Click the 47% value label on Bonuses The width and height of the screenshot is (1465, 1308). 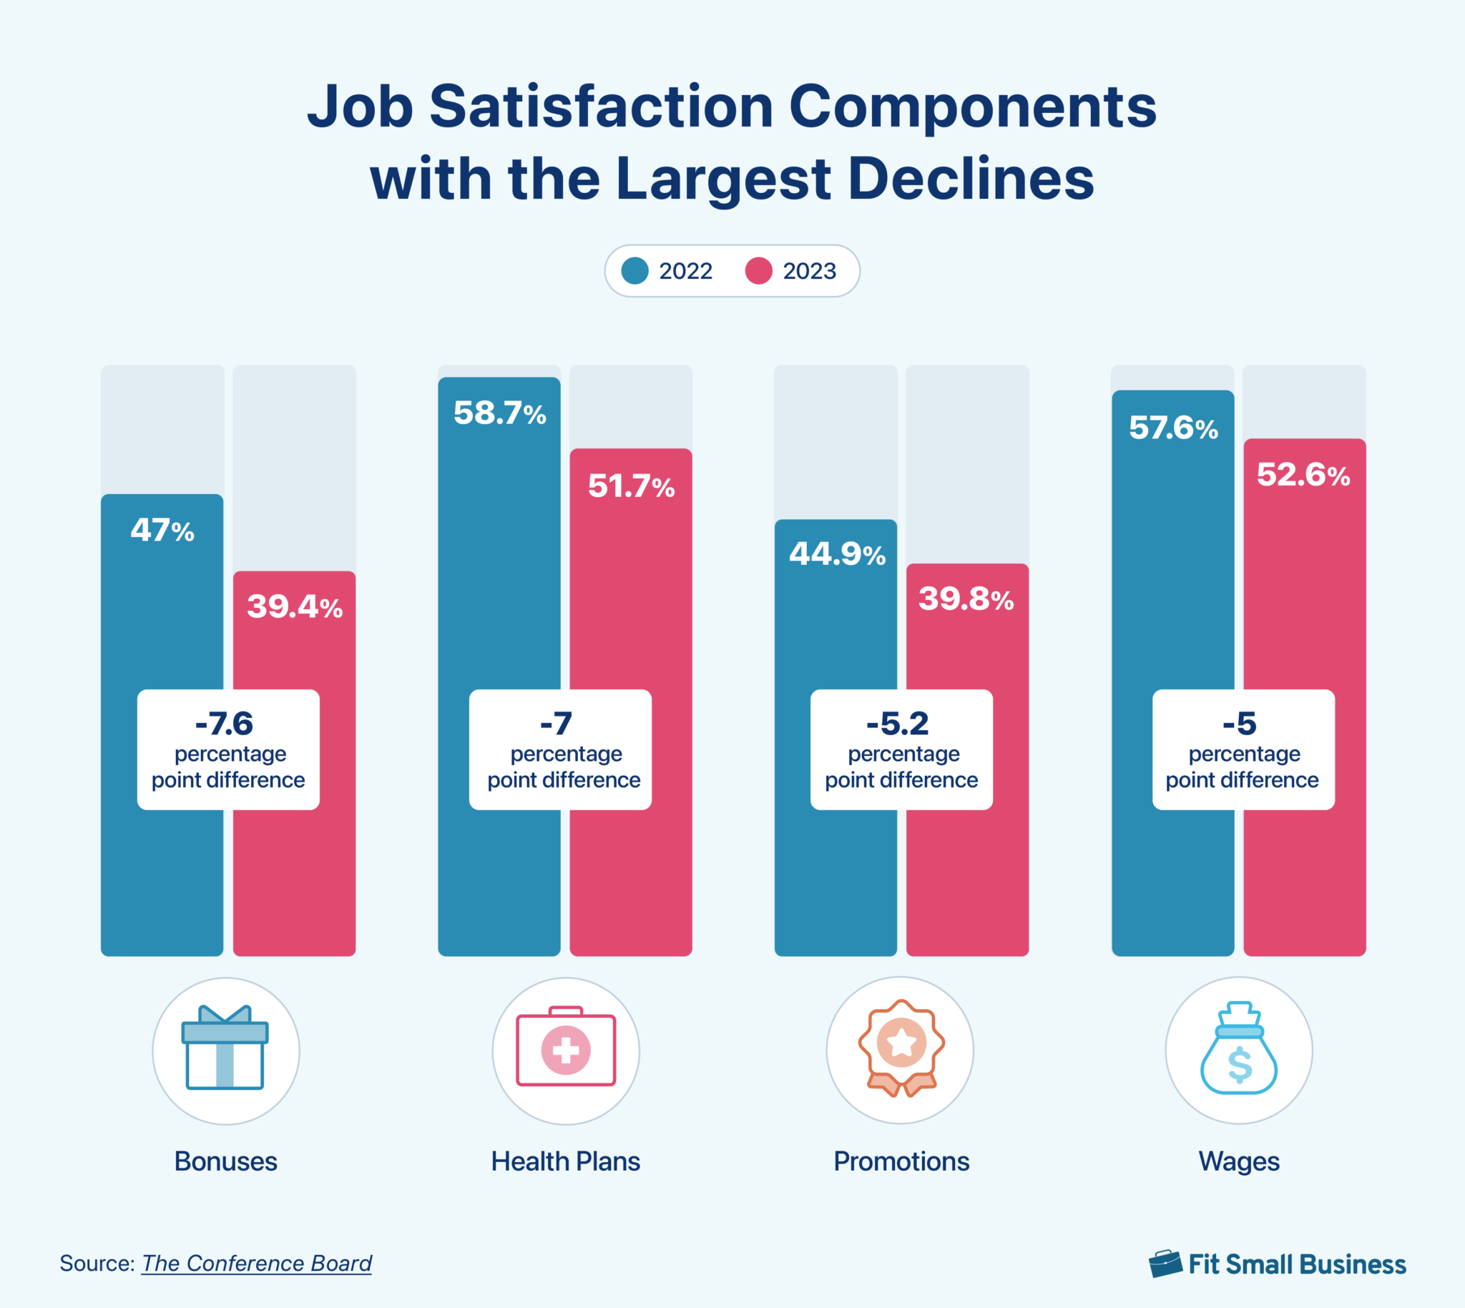(162, 531)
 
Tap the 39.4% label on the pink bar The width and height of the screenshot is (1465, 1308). (295, 606)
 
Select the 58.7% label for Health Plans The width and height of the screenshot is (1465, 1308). (499, 413)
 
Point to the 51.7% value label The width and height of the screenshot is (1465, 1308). (631, 486)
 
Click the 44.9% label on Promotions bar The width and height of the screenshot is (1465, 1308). (838, 554)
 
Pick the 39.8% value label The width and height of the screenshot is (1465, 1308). (966, 599)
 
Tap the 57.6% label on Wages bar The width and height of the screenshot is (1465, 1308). (1173, 428)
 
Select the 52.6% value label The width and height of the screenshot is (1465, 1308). (1303, 474)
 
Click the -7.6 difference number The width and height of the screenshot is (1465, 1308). (225, 723)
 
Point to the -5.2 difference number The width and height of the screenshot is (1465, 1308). (897, 723)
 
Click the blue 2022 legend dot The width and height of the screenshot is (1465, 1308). (634, 271)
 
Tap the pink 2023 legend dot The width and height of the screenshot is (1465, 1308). (758, 271)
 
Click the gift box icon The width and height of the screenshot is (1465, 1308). (225, 1048)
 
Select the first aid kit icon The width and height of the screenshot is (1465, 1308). (566, 1048)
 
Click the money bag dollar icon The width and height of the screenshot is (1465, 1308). (1238, 1049)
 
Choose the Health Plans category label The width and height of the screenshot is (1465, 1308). (565, 1161)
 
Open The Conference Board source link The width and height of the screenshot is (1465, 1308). (257, 1263)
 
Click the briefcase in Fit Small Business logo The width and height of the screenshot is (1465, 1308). (1165, 1264)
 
